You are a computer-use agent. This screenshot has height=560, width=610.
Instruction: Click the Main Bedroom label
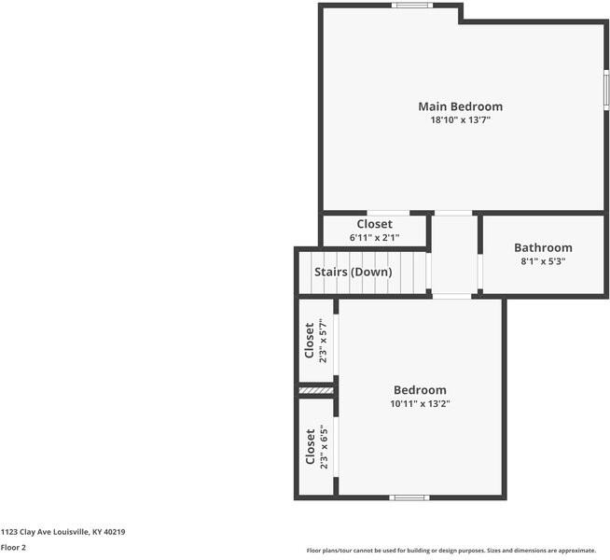tap(460, 106)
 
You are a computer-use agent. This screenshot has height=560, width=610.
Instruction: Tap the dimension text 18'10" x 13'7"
tap(460, 120)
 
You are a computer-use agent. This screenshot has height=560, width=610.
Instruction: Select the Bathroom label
tap(543, 247)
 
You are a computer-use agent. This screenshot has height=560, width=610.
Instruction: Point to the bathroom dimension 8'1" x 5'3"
tap(543, 261)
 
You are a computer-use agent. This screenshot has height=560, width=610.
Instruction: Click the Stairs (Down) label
tap(353, 272)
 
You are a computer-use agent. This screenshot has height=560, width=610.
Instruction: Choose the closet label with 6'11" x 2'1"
tap(374, 224)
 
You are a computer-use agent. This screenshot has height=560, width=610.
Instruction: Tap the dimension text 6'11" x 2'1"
tap(374, 238)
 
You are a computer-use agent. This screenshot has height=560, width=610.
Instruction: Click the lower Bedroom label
tap(420, 390)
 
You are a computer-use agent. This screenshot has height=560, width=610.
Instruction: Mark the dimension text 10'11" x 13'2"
tap(420, 404)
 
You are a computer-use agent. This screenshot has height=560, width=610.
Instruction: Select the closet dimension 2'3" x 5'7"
tap(324, 342)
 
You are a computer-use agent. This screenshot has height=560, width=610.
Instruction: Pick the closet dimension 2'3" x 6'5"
tap(324, 447)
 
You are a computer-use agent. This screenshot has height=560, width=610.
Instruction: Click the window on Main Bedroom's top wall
tap(411, 6)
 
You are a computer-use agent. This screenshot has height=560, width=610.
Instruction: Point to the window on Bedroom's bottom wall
tap(409, 497)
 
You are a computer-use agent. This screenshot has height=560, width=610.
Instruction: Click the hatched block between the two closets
tap(315, 390)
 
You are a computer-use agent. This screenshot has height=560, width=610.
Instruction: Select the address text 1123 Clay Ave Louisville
tap(62, 532)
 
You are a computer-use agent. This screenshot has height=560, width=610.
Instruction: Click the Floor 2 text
tap(13, 548)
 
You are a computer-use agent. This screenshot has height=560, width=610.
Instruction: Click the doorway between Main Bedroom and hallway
tap(453, 213)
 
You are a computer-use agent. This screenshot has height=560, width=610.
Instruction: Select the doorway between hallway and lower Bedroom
tap(451, 296)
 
